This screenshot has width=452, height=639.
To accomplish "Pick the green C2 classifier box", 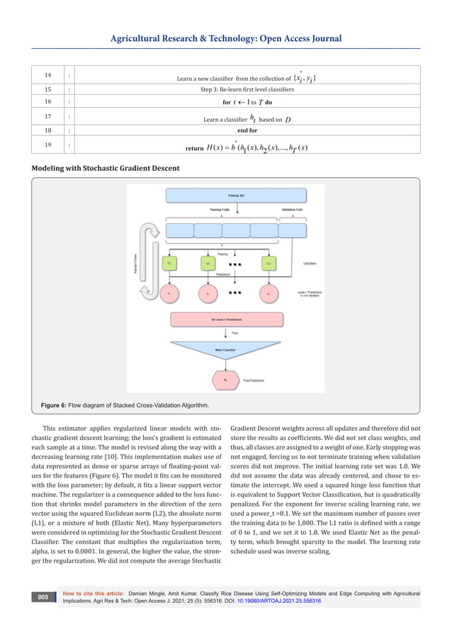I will pyautogui.click(x=208, y=263).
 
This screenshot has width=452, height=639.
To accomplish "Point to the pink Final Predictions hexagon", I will pyautogui.click(x=226, y=380).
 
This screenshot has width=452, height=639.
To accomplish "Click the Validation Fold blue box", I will pyautogui.click(x=293, y=230).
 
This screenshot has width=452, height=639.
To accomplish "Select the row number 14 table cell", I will pyautogui.click(x=48, y=75).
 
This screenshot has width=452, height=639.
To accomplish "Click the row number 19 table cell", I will pyautogui.click(x=48, y=146).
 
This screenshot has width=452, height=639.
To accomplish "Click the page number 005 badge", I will pyautogui.click(x=44, y=598).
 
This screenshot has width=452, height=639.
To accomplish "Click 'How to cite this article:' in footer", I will pyautogui.click(x=93, y=593).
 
